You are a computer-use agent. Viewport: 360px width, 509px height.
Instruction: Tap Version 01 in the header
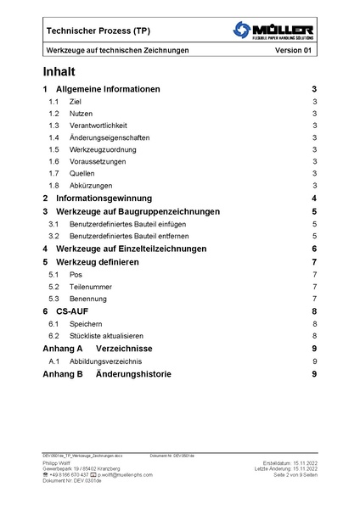click(294, 51)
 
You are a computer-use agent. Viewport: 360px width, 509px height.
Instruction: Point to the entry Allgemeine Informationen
click(108, 89)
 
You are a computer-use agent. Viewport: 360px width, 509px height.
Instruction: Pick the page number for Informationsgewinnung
click(314, 198)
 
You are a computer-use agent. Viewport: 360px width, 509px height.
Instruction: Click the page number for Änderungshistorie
click(314, 373)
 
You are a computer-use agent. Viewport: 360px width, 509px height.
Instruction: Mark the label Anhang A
click(62, 348)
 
